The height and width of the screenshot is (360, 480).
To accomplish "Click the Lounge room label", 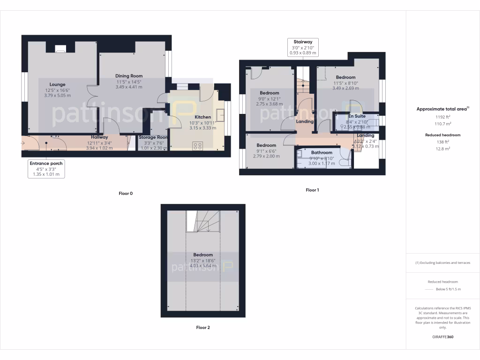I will click(58, 84).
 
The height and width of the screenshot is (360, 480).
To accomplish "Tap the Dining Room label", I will click(129, 76).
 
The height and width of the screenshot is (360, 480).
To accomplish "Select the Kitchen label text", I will click(203, 117).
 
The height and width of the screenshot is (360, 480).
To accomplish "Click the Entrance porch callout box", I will click(46, 169).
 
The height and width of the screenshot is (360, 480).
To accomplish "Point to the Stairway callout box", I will click(303, 47).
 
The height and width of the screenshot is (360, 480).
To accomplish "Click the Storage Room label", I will click(153, 137).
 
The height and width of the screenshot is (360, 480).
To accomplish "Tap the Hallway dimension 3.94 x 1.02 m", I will click(99, 148).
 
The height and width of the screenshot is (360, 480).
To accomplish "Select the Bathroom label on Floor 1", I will click(322, 152).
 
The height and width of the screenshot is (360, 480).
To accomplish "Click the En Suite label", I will click(357, 116).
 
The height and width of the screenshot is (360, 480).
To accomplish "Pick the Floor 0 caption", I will click(126, 193).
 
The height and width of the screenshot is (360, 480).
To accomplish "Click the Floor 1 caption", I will click(312, 190).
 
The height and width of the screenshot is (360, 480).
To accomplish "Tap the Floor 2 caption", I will click(203, 328).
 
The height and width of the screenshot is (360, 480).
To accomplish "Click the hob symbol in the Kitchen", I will click(198, 146).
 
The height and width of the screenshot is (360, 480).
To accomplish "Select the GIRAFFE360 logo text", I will click(443, 337).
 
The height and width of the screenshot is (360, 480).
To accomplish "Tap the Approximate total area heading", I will click(443, 109).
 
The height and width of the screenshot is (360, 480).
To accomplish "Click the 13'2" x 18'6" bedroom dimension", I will click(203, 260).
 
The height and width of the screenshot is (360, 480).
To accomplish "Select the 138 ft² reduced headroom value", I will click(443, 142).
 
